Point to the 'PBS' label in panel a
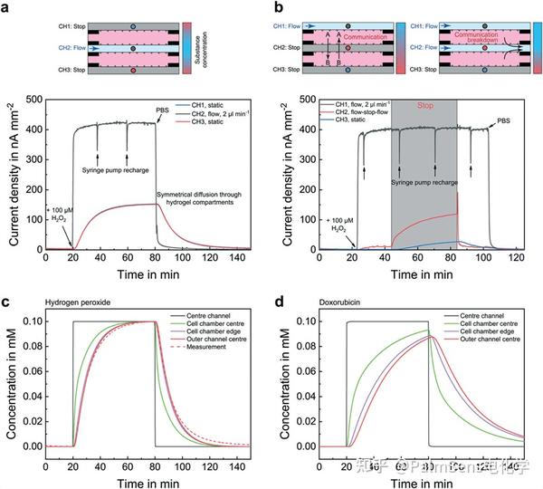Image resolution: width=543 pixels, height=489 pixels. [161, 111]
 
